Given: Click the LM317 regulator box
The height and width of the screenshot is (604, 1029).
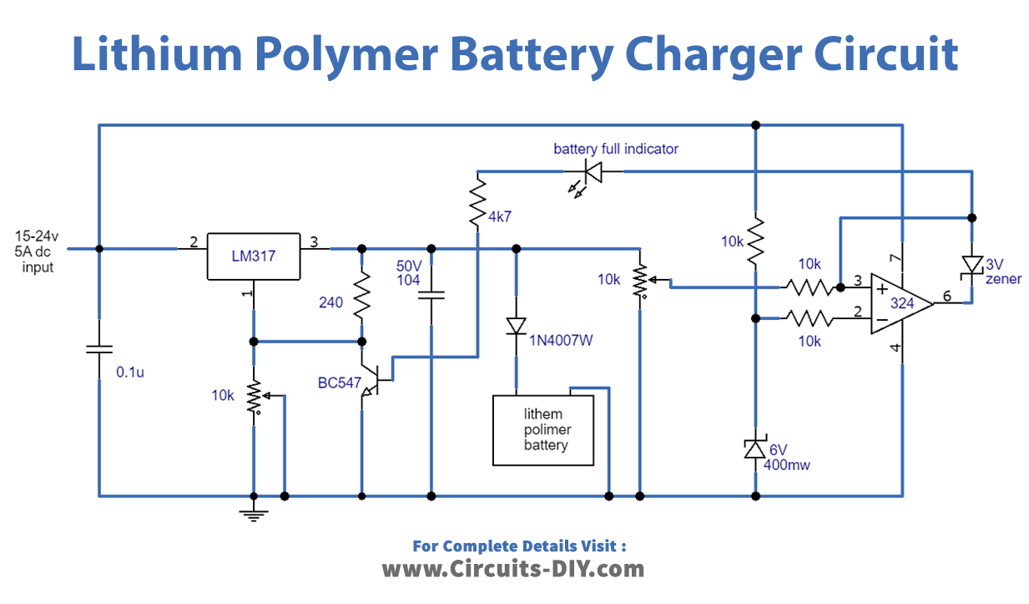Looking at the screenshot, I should [253, 256].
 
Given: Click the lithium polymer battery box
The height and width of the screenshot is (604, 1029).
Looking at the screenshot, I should [543, 430].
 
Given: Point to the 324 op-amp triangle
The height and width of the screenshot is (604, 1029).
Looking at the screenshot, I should [900, 303].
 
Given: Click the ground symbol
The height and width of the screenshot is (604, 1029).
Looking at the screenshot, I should [253, 511].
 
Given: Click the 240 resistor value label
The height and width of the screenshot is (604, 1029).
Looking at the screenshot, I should [330, 302].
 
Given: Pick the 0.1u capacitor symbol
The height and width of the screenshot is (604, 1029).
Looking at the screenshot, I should [98, 348].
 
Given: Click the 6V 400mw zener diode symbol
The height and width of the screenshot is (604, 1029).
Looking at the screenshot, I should [754, 449].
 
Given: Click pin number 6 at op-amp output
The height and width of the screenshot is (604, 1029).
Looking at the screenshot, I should [946, 296].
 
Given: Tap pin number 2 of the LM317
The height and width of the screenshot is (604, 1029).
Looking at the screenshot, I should [193, 242].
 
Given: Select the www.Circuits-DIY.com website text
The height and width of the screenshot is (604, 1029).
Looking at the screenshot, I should [513, 569].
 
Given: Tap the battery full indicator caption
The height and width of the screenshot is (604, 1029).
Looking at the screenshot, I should [615, 149].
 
